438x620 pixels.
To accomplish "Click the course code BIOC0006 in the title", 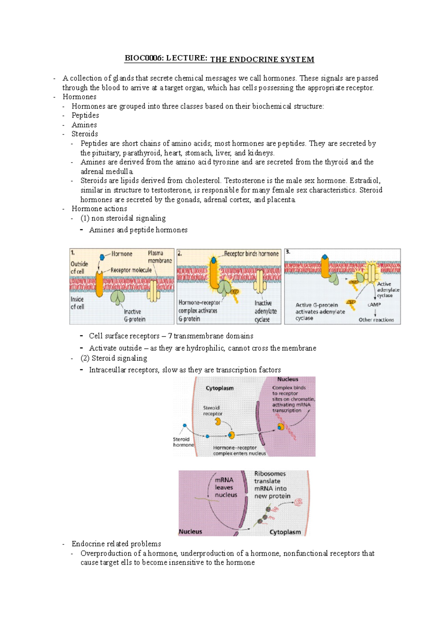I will coord(144,58).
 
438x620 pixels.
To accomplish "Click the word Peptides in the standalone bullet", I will coord(85,115).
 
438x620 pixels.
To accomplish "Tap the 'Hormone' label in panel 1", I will coord(122,254).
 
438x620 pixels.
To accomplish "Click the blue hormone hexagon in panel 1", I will coord(102,257).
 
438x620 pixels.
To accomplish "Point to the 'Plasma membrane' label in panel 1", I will coord(160,257).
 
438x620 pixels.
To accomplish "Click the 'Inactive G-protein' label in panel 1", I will coord(134,315).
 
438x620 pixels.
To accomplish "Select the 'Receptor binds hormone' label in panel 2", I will coord(251,254).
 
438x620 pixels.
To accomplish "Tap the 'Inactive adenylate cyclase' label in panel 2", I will coord(265,311).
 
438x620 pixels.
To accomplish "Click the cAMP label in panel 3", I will coord(374,305).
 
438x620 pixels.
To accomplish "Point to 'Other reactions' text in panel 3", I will coord(376,320).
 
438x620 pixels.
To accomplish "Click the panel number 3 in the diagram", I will coord(288,252).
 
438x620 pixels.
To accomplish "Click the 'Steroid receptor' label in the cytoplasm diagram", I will coord(212,411).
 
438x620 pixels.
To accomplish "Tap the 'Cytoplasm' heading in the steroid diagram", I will coord(219,388).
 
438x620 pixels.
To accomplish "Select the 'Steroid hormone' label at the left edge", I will coord(183,442).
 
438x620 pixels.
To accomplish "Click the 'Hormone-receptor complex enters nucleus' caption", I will coord(239,451).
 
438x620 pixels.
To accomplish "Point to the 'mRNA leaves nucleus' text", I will coord(226,487).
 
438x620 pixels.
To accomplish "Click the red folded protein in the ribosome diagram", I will coord(299,502).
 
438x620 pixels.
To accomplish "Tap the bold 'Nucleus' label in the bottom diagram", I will coord(190,532).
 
